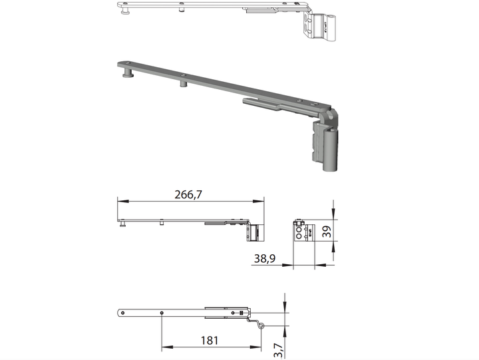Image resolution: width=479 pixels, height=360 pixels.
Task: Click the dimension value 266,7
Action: tap(188, 194)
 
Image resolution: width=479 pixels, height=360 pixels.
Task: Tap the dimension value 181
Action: tap(210, 340)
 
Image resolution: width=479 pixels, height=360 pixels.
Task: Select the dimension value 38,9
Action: tap(265, 259)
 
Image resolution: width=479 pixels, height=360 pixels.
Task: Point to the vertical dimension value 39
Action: tap(327, 231)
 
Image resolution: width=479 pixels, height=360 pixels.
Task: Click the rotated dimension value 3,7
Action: tap(278, 350)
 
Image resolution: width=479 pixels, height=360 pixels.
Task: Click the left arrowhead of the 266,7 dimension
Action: tap(123, 201)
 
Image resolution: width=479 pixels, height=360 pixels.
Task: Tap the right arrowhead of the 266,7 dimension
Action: tap(258, 201)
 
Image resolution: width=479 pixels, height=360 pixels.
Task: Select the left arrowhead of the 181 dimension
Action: tap(167, 347)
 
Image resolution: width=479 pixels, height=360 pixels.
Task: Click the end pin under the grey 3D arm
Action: tap(128, 73)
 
